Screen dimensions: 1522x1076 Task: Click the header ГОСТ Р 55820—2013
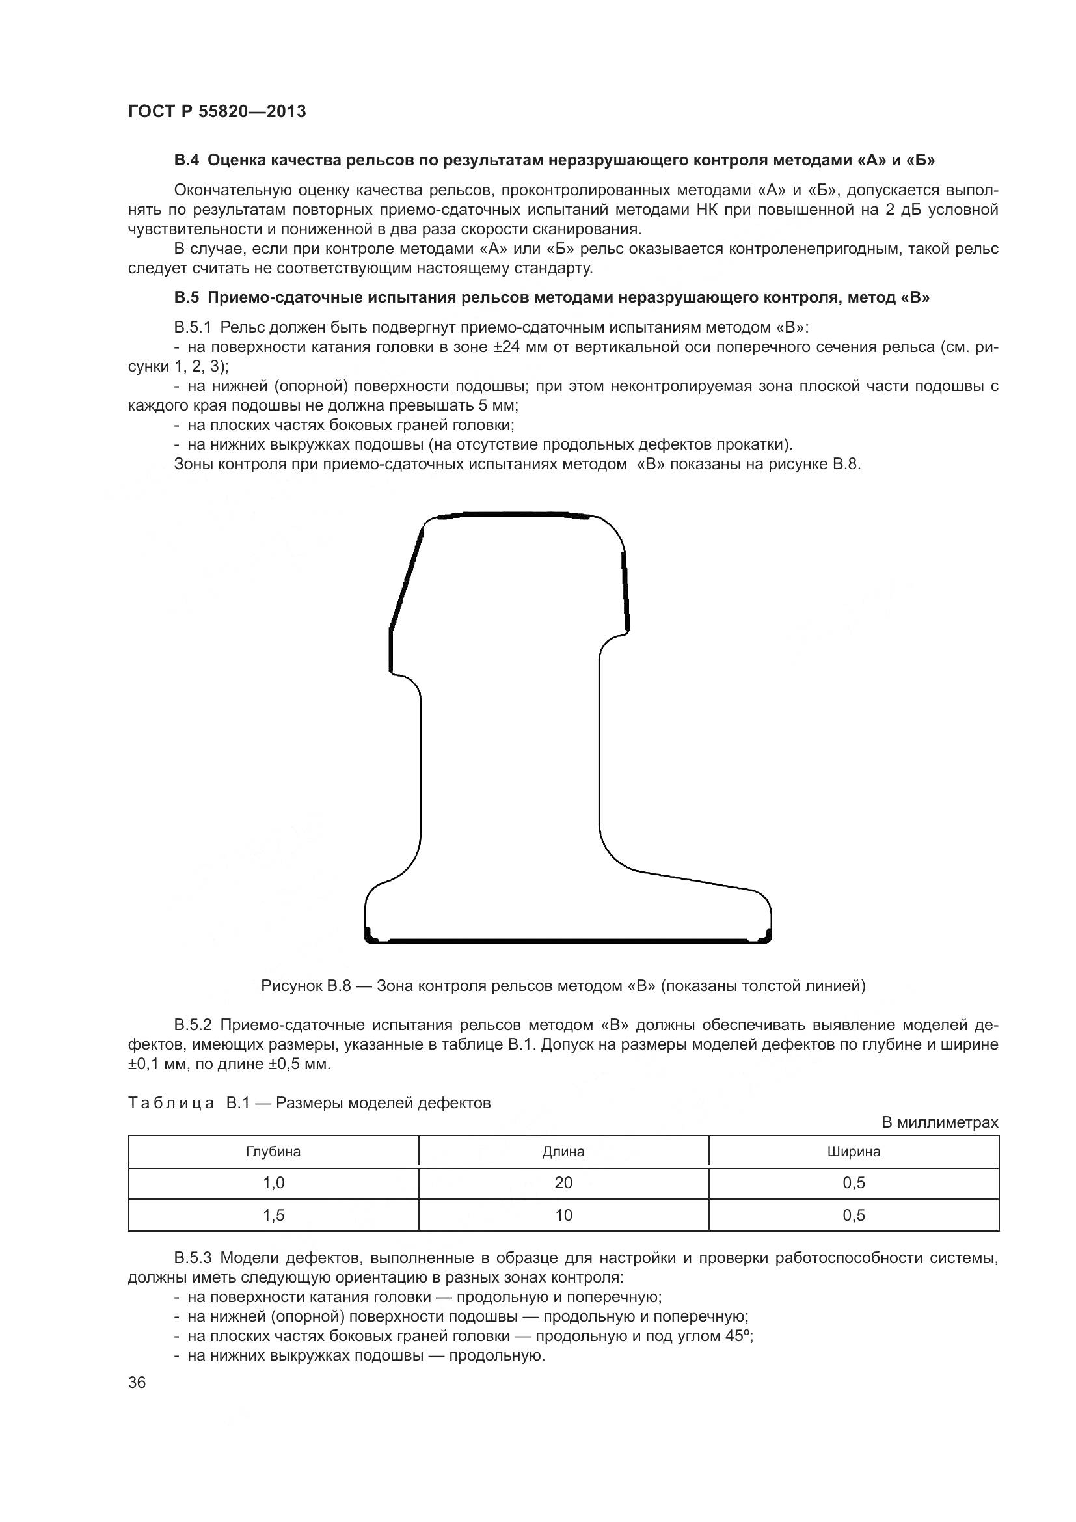(x=217, y=111)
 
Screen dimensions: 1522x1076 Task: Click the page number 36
(x=137, y=1382)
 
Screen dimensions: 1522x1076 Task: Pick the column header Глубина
(x=273, y=1152)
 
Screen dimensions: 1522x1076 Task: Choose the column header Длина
(x=563, y=1152)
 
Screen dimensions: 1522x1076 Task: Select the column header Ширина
(x=854, y=1152)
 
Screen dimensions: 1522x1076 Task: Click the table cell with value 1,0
(x=273, y=1182)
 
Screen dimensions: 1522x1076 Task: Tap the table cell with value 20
(x=563, y=1182)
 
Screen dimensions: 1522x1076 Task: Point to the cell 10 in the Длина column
(x=563, y=1215)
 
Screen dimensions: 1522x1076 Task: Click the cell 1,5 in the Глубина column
(x=273, y=1215)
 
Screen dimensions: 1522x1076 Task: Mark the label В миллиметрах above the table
(x=939, y=1122)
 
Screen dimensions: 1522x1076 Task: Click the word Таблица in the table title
(x=171, y=1103)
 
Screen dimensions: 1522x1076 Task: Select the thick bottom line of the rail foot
(x=569, y=940)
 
